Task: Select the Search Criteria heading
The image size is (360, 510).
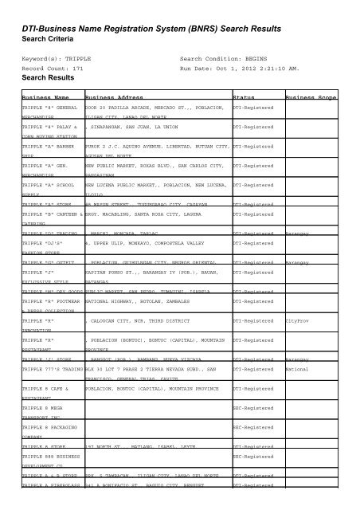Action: (49, 41)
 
